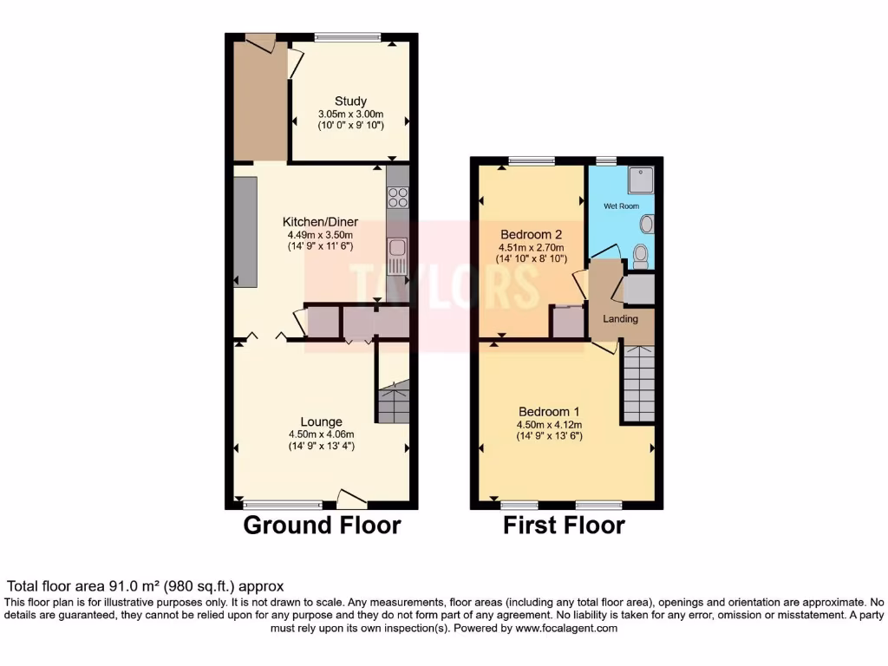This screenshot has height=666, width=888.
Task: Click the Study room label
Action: [x=350, y=101]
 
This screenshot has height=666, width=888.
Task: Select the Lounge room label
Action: [x=321, y=422]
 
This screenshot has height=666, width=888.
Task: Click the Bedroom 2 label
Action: [x=532, y=234]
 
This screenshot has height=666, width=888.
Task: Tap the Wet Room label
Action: [x=621, y=207]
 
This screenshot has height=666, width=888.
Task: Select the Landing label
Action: [x=620, y=319]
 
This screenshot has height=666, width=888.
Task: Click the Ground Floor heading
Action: [x=322, y=526]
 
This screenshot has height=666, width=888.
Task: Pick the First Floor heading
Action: [x=564, y=526]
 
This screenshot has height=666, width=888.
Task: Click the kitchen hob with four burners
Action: [x=398, y=198]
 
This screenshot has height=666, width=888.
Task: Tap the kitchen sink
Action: [x=397, y=251]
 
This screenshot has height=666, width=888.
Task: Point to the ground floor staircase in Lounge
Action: [x=394, y=402]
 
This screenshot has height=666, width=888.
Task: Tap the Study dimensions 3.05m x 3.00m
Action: [x=350, y=114]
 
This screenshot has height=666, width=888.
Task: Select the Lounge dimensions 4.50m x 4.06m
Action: [x=321, y=434]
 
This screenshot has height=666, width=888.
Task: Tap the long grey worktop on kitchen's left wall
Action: [x=245, y=232]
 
